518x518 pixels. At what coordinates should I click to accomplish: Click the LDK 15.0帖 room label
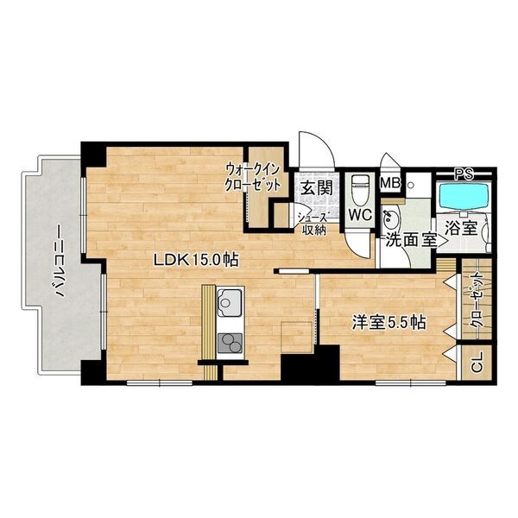click(196, 260)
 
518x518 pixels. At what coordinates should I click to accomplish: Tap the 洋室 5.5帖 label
click(388, 322)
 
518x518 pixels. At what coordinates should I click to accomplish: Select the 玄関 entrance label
click(317, 188)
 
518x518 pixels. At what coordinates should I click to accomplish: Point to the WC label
click(361, 215)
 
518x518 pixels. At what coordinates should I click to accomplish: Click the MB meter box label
click(390, 183)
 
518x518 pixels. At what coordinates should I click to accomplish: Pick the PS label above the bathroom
click(464, 174)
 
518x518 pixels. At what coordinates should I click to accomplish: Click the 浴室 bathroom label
click(461, 228)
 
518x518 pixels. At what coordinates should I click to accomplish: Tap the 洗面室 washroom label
click(412, 241)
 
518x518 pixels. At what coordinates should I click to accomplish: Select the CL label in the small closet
click(477, 362)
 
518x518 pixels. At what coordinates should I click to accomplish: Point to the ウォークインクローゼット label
click(252, 177)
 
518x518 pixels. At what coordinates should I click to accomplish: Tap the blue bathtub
click(464, 196)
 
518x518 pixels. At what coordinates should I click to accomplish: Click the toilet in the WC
click(360, 190)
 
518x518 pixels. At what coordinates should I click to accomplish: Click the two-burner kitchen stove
click(230, 343)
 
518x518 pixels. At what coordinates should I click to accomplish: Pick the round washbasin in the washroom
click(391, 218)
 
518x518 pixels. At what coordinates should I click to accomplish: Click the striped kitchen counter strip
click(209, 332)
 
